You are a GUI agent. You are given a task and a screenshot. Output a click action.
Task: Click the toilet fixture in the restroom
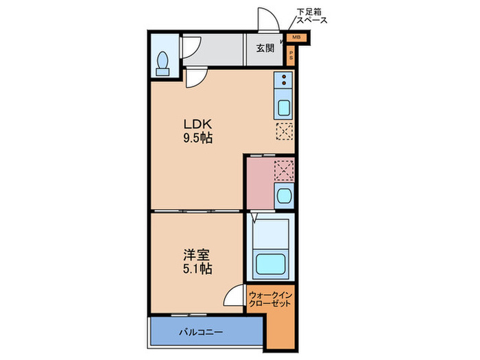163,63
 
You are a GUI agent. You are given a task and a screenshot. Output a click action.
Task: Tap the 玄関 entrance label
265,48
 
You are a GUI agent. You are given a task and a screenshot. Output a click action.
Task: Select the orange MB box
297,38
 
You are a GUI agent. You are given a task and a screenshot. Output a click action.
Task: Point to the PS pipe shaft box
291,56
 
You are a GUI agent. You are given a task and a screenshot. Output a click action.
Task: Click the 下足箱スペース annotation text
311,16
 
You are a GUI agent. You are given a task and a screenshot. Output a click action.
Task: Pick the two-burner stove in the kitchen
283,80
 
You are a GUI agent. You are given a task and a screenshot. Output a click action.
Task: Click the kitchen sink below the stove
283,108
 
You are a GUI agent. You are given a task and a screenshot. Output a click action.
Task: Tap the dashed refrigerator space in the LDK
285,132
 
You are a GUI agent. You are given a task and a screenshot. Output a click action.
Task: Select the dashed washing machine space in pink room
284,170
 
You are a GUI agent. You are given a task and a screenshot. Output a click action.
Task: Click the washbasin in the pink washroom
284,196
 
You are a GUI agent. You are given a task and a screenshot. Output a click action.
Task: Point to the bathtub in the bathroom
271,264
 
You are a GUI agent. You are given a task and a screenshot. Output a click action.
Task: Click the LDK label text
197,124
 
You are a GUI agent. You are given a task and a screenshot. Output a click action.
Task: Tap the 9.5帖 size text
197,139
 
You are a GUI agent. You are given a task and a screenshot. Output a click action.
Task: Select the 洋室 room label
197,254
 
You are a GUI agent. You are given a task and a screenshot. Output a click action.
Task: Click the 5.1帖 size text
197,269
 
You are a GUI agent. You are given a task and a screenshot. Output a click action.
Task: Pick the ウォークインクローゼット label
270,300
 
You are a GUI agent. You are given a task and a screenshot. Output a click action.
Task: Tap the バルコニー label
201,332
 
